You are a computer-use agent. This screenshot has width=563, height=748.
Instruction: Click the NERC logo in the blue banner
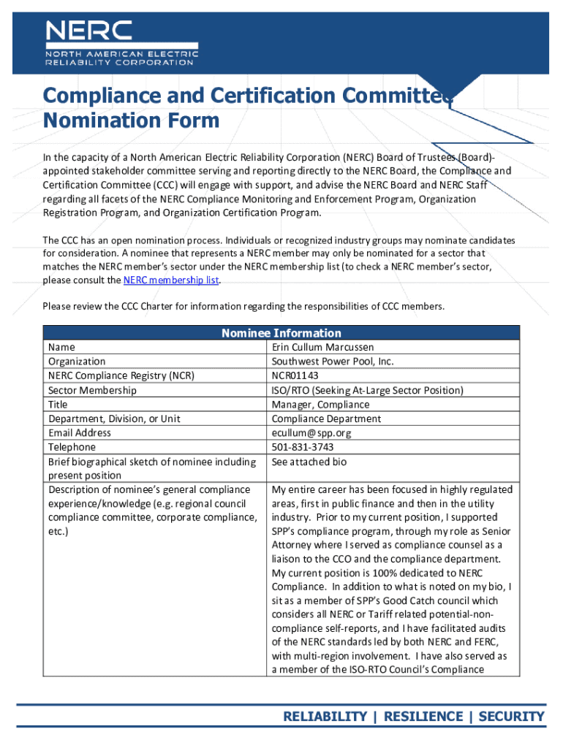121,43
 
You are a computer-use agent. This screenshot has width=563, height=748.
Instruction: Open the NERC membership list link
171,280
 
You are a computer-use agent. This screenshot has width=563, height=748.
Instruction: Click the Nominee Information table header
281,333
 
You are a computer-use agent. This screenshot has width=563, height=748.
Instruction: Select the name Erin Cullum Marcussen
322,347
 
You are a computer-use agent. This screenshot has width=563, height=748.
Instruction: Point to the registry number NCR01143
295,375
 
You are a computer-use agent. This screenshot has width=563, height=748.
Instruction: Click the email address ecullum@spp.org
311,432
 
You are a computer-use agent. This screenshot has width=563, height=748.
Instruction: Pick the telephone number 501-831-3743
303,447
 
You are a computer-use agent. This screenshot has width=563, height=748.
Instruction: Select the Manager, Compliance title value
320,404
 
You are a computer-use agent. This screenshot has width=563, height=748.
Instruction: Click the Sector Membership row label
92,390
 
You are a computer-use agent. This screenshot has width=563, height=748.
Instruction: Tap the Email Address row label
80,432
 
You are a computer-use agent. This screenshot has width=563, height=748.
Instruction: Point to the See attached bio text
309,462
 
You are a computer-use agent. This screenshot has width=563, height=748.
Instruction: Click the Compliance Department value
326,419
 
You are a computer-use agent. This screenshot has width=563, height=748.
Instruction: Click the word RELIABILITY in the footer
325,716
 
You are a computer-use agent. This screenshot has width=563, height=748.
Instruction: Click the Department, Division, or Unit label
114,419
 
